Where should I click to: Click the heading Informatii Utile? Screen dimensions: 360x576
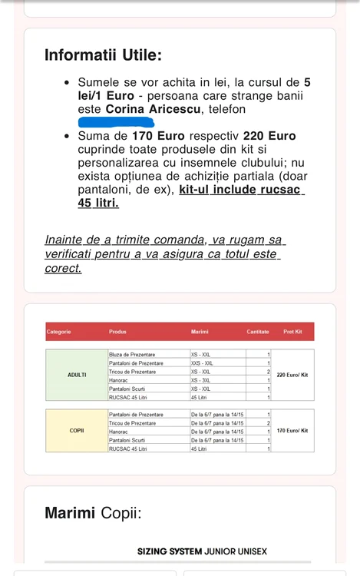click(103, 55)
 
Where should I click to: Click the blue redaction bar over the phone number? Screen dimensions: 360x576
click(121, 122)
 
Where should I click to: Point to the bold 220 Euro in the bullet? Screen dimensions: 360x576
click(269, 136)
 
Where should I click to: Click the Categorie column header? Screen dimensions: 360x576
click(59, 332)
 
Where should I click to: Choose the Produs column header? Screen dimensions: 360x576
click(117, 332)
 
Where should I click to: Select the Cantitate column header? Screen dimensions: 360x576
click(258, 332)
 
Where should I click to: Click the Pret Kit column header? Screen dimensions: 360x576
click(292, 332)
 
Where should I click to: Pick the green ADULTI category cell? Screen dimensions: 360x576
click(77, 376)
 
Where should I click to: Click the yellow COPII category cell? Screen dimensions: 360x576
click(77, 431)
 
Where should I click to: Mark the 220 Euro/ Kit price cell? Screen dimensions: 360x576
click(292, 376)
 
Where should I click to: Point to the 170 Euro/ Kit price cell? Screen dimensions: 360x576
click(292, 431)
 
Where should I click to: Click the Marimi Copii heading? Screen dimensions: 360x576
click(93, 512)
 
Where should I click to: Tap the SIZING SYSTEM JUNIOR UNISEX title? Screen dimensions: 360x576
click(202, 551)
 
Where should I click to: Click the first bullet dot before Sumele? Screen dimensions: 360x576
click(68, 82)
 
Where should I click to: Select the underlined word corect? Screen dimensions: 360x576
click(63, 269)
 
